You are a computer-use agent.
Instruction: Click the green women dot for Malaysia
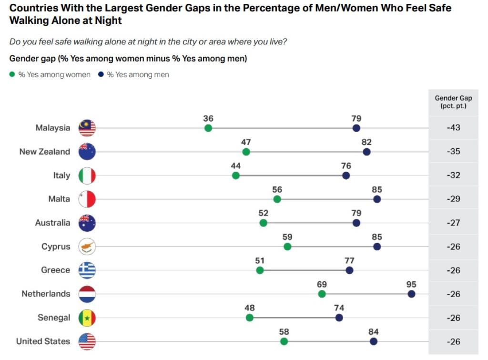pyautogui.click(x=208, y=128)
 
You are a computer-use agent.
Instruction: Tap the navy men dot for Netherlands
pyautogui.click(x=411, y=294)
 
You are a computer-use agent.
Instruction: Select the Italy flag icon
pyautogui.click(x=87, y=175)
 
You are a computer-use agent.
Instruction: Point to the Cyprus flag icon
pyautogui.click(x=87, y=247)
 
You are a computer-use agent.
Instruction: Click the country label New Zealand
pyautogui.click(x=44, y=152)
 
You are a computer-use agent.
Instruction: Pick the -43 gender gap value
pyautogui.click(x=453, y=128)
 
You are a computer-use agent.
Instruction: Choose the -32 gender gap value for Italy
pyautogui.click(x=453, y=175)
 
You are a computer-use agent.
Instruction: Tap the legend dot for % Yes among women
pyautogui.click(x=12, y=74)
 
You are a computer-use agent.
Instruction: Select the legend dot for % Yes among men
pyautogui.click(x=101, y=74)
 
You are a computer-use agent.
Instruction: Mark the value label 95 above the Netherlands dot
pyautogui.click(x=411, y=285)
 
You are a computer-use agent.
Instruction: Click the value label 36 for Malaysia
pyautogui.click(x=208, y=119)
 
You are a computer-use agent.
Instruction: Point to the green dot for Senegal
pyautogui.click(x=250, y=318)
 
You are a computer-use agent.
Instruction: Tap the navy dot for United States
pyautogui.click(x=374, y=341)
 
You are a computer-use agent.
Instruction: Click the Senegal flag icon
pyautogui.click(x=87, y=318)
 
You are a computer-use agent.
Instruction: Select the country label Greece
pyautogui.click(x=55, y=270)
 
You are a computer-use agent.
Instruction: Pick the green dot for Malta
pyautogui.click(x=277, y=199)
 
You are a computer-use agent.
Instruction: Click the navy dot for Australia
pyautogui.click(x=356, y=223)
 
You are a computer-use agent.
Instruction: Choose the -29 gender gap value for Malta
pyautogui.click(x=453, y=199)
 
